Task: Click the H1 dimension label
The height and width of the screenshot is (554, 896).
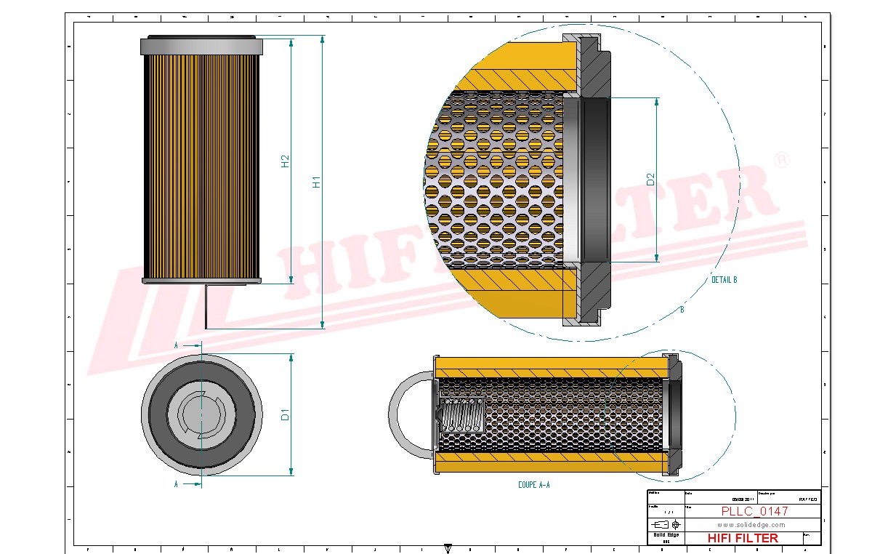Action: [316, 182]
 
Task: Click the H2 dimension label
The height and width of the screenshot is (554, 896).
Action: [286, 161]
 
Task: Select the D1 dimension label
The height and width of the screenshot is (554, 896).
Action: [286, 415]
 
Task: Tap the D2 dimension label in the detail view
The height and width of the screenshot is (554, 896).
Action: [651, 179]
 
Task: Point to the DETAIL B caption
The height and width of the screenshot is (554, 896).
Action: [724, 280]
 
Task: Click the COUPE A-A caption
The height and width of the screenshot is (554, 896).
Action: [533, 484]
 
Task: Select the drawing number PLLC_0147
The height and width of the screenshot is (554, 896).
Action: [754, 511]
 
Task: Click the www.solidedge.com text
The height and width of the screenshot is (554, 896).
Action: [751, 525]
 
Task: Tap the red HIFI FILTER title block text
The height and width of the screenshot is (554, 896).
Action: [743, 538]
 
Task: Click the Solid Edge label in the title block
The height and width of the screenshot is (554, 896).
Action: [665, 535]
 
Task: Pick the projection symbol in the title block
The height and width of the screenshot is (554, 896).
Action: [666, 524]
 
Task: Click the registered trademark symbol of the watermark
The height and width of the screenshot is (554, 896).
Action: [781, 160]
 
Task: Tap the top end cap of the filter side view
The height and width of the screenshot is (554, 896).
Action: [201, 46]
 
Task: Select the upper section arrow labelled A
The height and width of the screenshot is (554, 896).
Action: [187, 345]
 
